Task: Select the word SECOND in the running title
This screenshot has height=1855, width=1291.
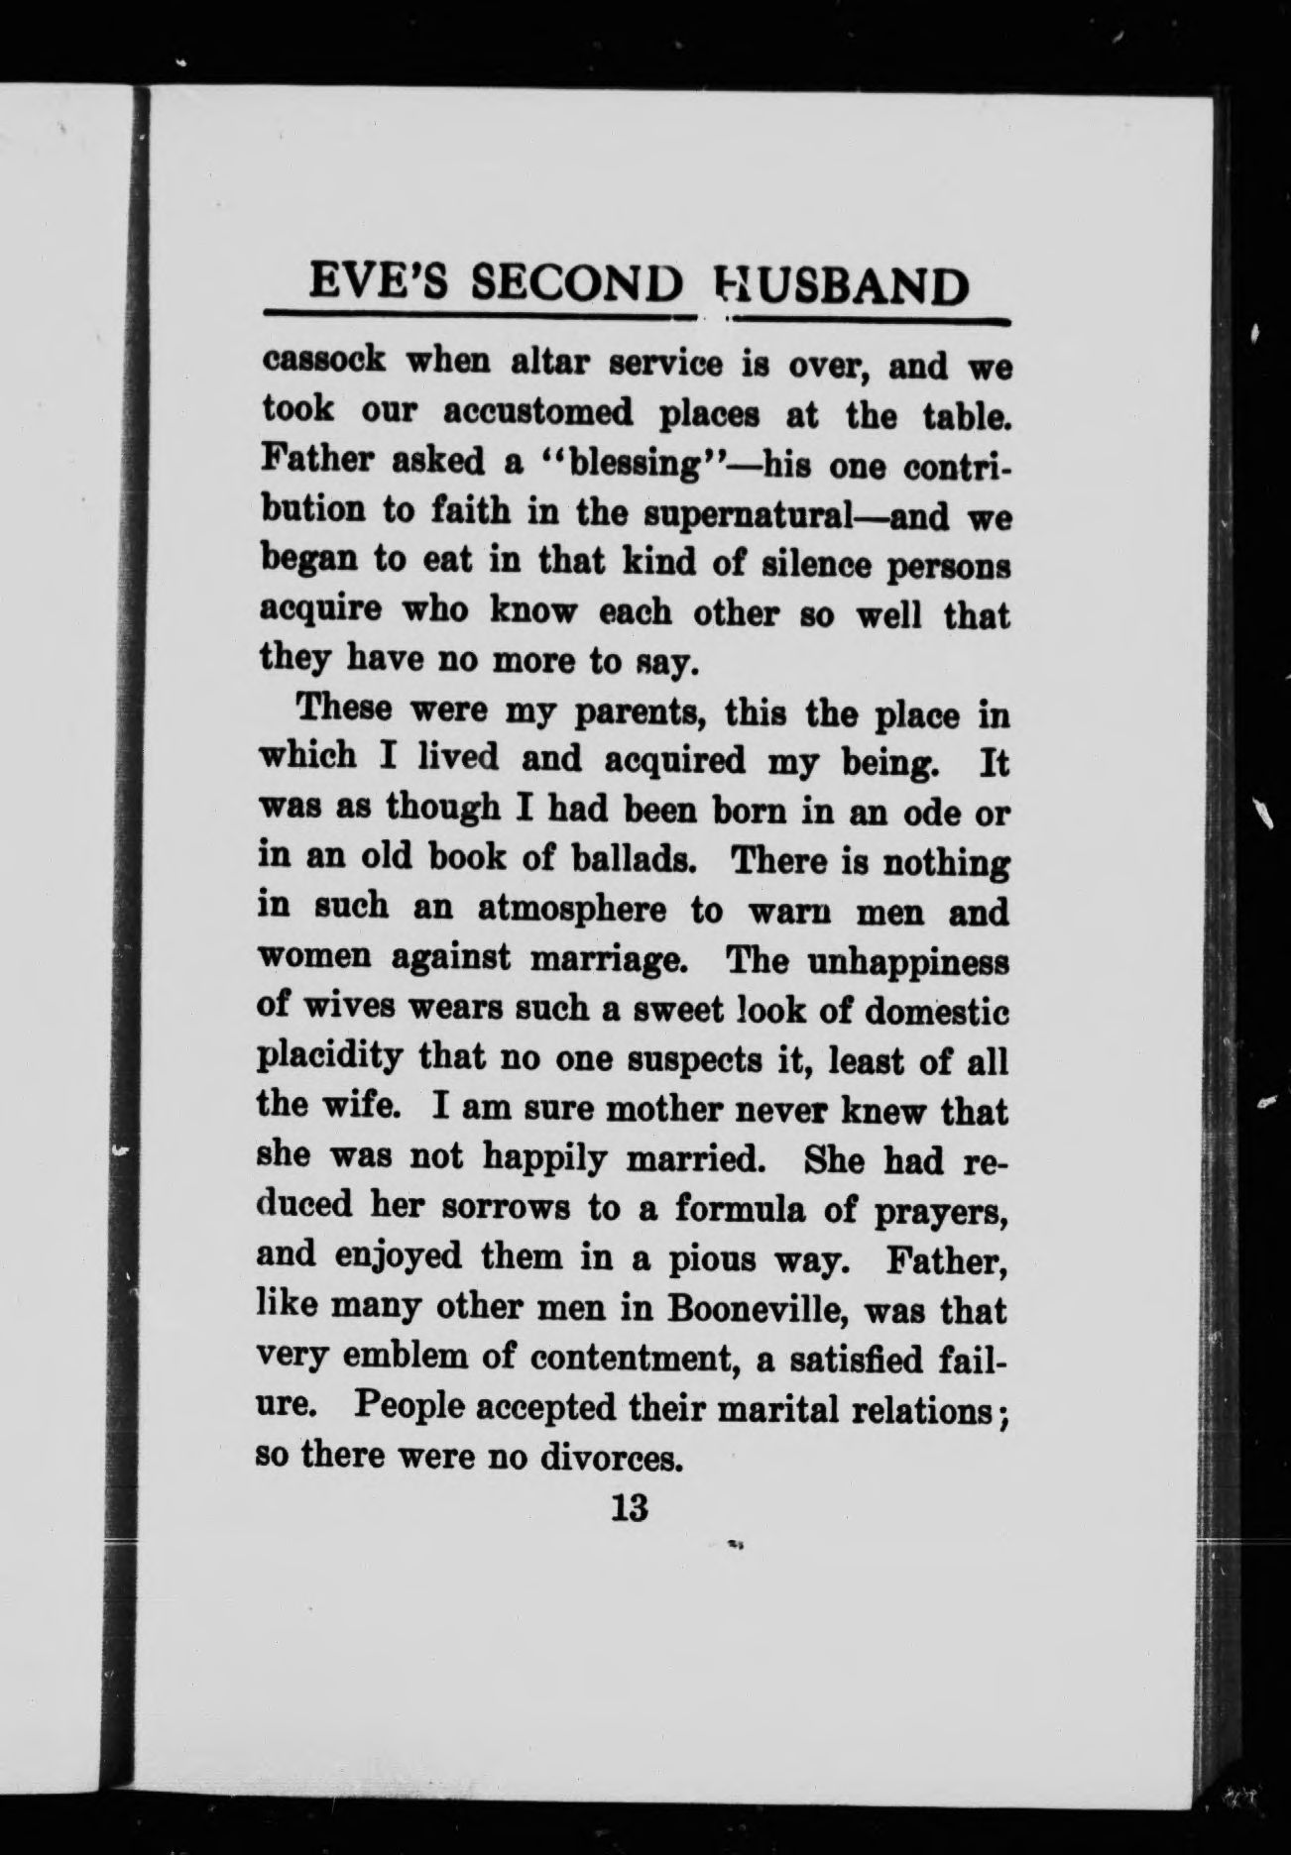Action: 579,285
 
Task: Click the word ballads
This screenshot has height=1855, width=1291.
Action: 633,859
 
